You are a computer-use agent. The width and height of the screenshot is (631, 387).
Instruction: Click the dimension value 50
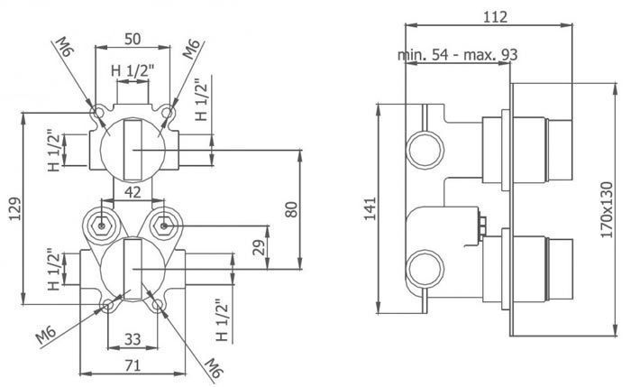click(133, 39)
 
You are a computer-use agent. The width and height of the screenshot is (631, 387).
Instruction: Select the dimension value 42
click(133, 192)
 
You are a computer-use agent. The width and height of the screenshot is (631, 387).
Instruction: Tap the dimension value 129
click(15, 208)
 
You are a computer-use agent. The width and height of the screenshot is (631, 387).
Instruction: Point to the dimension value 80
click(291, 209)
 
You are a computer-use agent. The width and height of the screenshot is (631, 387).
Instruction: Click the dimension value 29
click(260, 247)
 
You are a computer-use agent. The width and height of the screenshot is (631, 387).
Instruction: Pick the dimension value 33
click(133, 339)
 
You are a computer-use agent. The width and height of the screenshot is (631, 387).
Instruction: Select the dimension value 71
click(133, 365)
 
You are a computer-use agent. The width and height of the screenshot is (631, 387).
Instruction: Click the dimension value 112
click(495, 17)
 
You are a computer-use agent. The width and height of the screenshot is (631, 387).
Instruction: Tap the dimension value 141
click(370, 208)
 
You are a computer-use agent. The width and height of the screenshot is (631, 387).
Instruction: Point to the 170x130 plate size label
click(607, 210)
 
